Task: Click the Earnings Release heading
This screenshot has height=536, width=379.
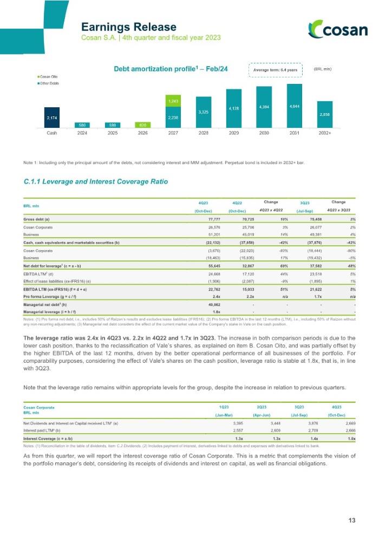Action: (128, 27)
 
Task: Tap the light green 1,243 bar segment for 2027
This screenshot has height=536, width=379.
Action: (173, 101)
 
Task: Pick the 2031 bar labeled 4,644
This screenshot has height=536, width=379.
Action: (294, 106)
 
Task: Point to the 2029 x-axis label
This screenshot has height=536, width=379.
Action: (233, 132)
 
